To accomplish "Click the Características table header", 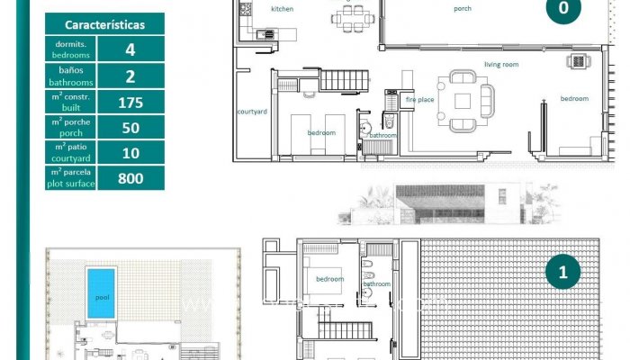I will click(x=103, y=25).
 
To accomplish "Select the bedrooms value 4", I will click(x=130, y=50).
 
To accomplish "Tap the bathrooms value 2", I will click(x=130, y=76).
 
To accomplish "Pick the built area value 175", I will click(x=130, y=103).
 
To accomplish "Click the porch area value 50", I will click(x=130, y=128).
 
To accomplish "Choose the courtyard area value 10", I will click(x=130, y=153).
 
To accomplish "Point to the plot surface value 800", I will click(x=130, y=178).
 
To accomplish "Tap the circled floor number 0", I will click(x=563, y=9).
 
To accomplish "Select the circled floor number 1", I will click(x=563, y=272).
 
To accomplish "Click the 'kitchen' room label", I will click(x=282, y=8).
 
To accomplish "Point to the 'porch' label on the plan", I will click(x=463, y=8).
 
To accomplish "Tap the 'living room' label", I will click(x=501, y=65).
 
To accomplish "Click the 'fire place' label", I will click(x=419, y=100).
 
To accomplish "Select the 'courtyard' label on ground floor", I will click(x=252, y=112).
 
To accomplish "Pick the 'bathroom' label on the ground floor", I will click(x=382, y=135).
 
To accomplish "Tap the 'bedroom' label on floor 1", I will click(x=329, y=279).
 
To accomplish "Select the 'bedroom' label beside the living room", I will click(x=574, y=98).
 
